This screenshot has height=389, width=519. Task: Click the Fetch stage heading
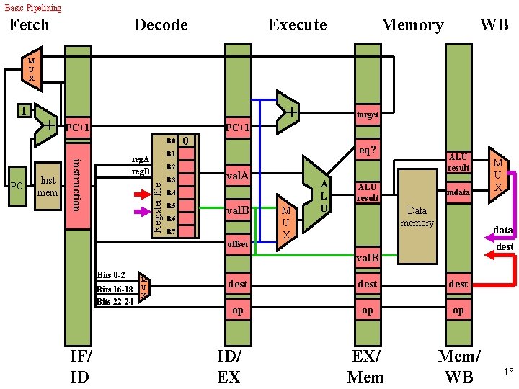click(x=29, y=25)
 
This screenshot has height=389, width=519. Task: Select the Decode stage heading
click(x=161, y=25)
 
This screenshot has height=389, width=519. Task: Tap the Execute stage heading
click(x=297, y=25)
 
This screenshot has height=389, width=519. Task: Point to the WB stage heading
click(x=494, y=25)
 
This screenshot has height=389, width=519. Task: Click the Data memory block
click(x=417, y=216)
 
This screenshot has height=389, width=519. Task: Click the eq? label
click(x=368, y=151)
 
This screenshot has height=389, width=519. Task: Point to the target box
click(x=368, y=115)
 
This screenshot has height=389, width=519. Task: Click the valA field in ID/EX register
click(x=238, y=176)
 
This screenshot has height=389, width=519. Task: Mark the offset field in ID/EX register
click(x=238, y=244)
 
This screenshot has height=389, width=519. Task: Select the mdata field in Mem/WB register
click(x=458, y=192)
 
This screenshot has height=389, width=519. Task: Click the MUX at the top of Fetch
click(x=31, y=68)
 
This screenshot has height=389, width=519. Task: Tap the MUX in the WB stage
click(x=497, y=175)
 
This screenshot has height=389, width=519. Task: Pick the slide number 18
click(x=508, y=372)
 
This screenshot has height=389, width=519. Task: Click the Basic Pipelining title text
click(x=33, y=8)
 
